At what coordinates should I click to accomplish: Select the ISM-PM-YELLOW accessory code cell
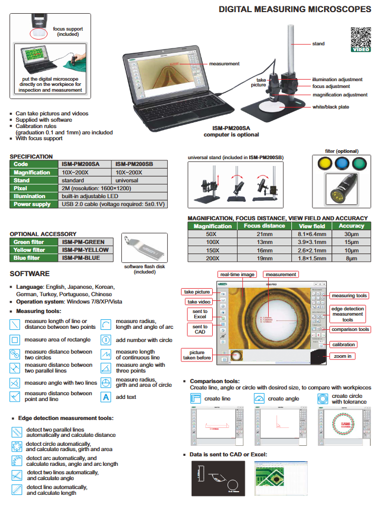pos(85,250)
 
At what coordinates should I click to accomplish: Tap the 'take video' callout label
pos(197,302)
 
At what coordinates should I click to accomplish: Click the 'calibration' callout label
pos(343,344)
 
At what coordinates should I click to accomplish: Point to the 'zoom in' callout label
pos(343,356)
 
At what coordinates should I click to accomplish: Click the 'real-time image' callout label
pos(237,275)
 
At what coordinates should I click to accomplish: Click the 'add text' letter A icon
pos(106,397)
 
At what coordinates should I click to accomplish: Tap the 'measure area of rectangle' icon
pos(15,340)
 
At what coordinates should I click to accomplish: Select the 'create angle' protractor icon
pos(259,398)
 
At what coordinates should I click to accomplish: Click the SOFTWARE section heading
pos(30,273)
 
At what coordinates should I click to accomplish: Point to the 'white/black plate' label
pos(331,107)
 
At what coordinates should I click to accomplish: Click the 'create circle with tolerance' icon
pos(322,398)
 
